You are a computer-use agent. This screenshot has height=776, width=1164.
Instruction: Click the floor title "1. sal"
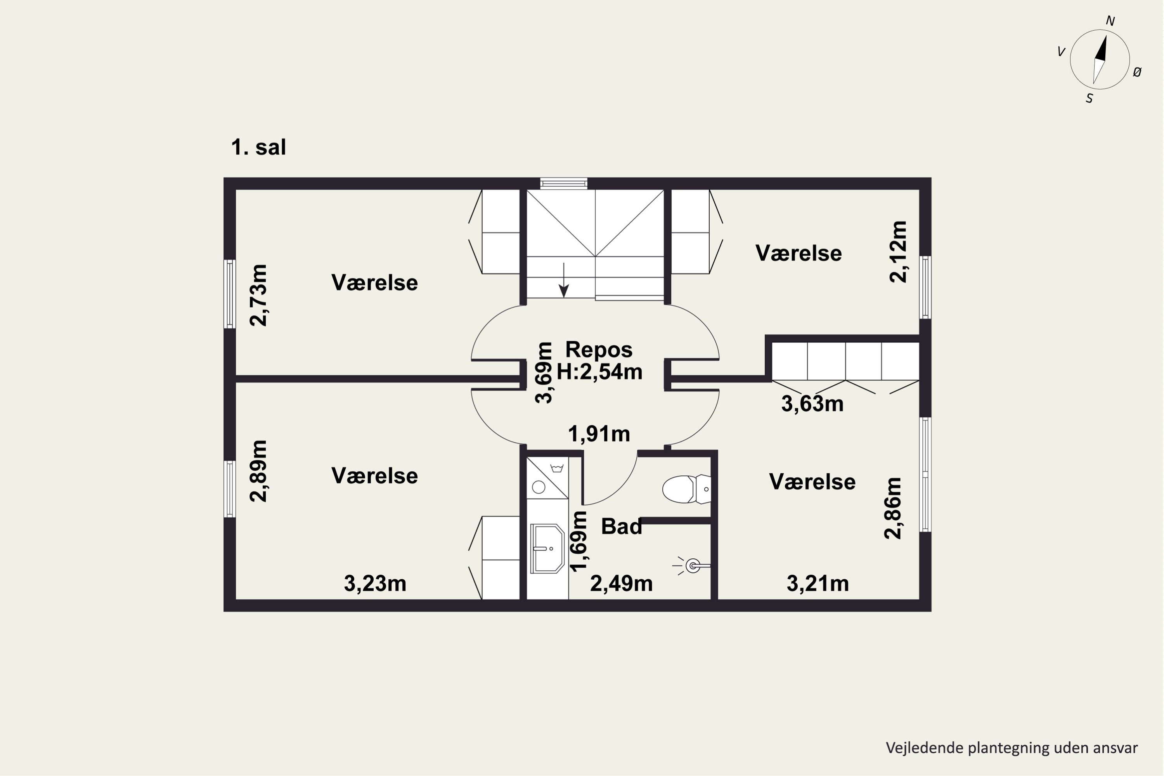point(258,147)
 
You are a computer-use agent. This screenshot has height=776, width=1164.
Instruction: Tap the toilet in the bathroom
point(687,489)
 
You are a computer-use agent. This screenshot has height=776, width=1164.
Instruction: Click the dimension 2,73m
point(258,295)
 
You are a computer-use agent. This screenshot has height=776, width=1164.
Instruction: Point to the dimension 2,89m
point(258,471)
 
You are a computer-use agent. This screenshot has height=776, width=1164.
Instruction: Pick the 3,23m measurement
point(375,584)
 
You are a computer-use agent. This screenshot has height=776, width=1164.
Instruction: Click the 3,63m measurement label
point(812,404)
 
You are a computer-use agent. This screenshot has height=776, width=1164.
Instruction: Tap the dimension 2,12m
point(898,251)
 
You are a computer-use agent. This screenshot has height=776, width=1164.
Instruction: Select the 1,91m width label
point(599,434)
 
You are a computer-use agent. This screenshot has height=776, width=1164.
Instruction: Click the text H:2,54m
point(599,371)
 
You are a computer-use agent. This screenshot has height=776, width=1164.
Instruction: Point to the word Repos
point(599,350)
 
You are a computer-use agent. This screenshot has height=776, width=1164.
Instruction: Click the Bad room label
point(621,526)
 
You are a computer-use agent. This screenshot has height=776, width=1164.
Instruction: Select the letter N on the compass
point(1110,21)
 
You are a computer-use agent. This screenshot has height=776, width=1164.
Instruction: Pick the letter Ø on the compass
point(1137,72)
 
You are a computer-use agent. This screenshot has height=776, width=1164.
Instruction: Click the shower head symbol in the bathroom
point(692,565)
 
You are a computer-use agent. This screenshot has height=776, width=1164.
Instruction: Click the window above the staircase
point(564,184)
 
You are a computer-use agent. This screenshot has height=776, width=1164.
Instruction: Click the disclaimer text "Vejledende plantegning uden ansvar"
point(1012,748)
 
